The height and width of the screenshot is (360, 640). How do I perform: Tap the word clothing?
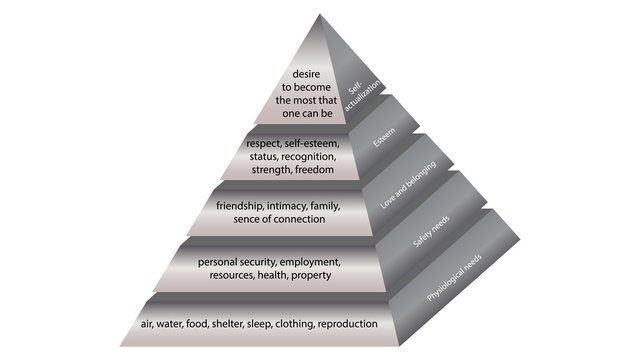pos(298,324)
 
